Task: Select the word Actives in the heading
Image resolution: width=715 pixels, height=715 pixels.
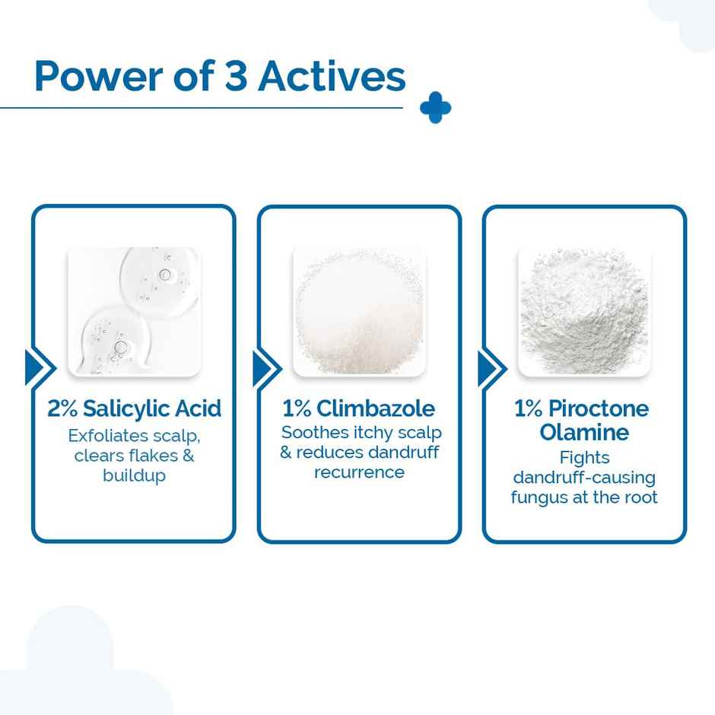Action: (332, 77)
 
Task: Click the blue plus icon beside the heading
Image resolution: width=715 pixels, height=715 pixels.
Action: (435, 108)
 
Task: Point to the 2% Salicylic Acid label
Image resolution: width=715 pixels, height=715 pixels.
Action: (134, 408)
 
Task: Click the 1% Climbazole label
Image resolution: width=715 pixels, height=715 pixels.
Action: (358, 408)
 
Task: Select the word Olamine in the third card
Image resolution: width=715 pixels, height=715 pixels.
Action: (584, 433)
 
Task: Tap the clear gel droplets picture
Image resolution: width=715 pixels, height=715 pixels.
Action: (134, 310)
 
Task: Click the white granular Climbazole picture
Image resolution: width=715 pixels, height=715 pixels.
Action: (359, 310)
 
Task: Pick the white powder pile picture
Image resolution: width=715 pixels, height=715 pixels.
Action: (584, 310)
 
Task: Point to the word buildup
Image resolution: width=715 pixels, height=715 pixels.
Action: (134, 476)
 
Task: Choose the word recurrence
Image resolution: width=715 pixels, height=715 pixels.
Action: (359, 472)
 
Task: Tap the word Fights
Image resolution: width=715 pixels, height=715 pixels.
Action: (584, 458)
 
